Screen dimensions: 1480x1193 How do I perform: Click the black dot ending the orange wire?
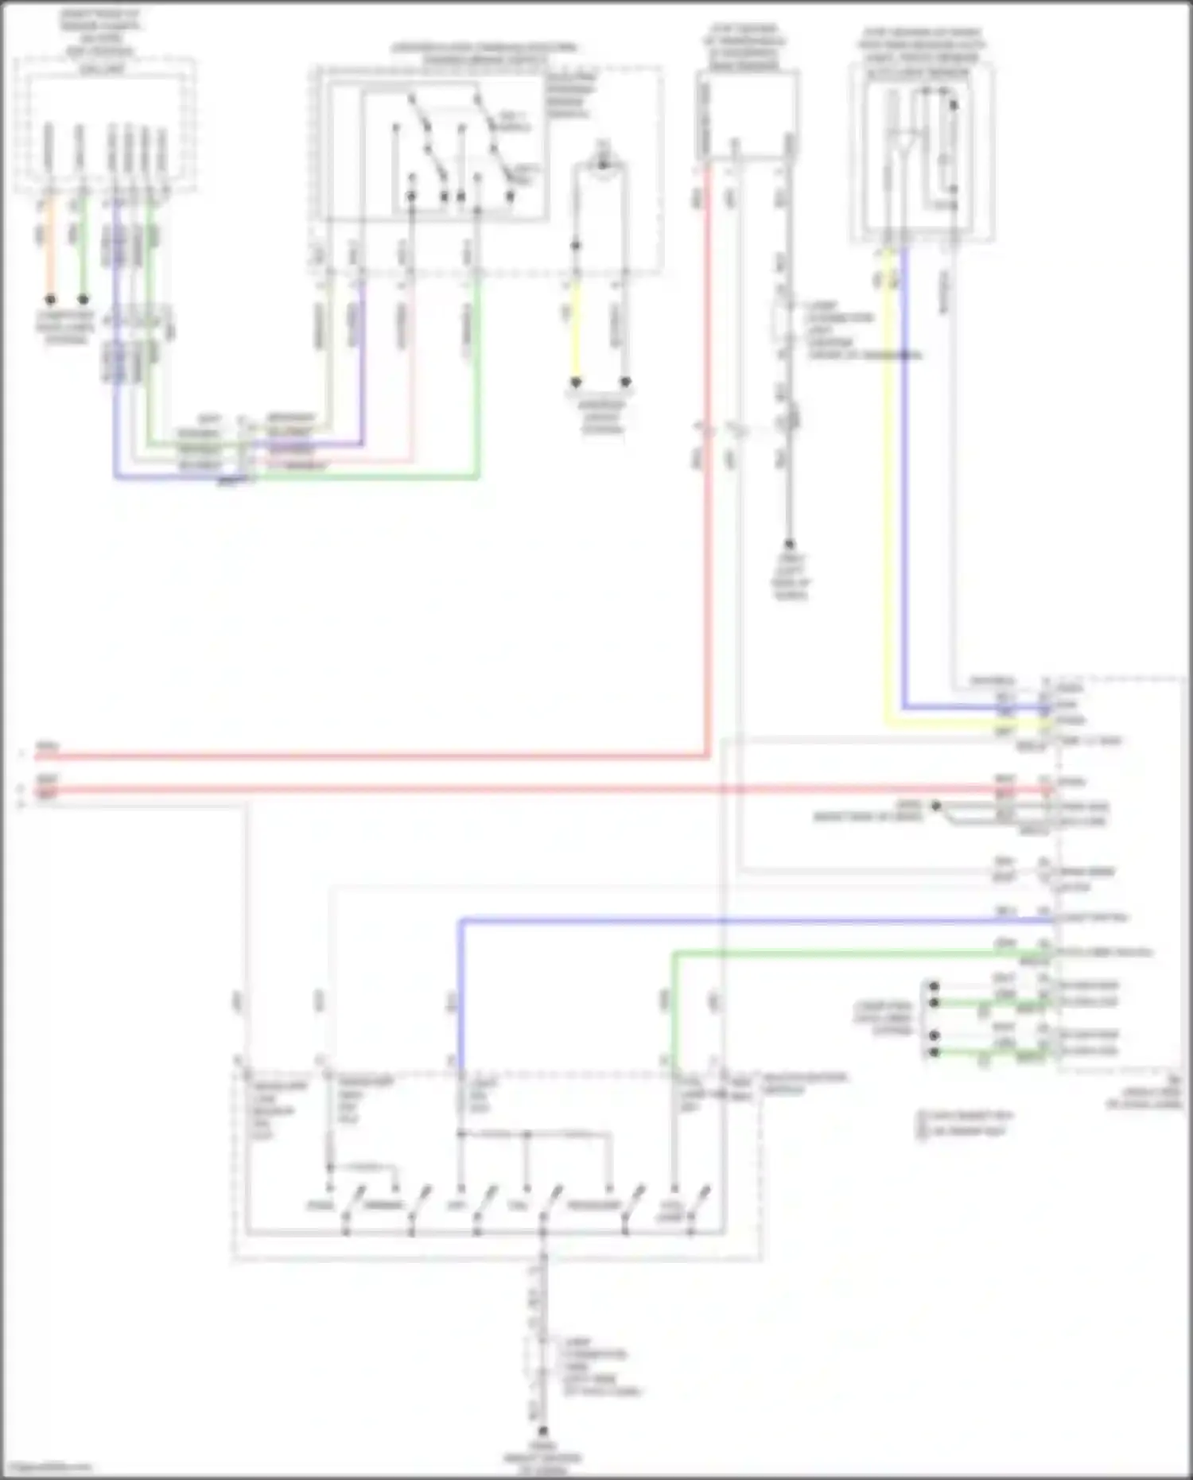pyautogui.click(x=50, y=300)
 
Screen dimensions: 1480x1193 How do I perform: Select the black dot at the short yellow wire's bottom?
pyautogui.click(x=577, y=383)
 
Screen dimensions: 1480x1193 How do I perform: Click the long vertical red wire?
pyautogui.click(x=706, y=477)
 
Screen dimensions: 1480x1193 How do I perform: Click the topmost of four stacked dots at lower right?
pyautogui.click(x=935, y=987)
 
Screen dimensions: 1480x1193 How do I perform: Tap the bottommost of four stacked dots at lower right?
pyautogui.click(x=935, y=1052)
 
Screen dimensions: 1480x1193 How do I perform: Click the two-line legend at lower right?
pyautogui.click(x=964, y=1122)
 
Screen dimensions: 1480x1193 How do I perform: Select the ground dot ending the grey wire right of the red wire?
pyautogui.click(x=790, y=545)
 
